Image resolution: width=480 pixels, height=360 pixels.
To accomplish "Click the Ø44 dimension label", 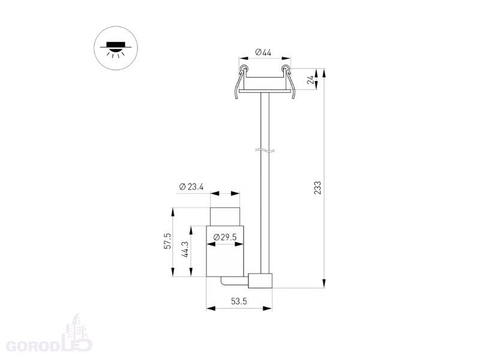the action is [x=263, y=52].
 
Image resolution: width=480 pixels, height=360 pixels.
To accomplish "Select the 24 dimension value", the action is [x=311, y=80].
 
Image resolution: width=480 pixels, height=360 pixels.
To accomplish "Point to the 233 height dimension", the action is [x=318, y=188].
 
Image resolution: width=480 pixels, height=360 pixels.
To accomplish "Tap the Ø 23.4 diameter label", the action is [x=191, y=187].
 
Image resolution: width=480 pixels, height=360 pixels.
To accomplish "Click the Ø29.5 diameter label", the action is [x=225, y=237].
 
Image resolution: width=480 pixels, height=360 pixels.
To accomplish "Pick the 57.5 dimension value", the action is [x=167, y=241].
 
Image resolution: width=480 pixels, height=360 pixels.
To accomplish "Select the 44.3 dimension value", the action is [x=185, y=249].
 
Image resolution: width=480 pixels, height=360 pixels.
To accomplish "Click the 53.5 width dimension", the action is [x=239, y=301].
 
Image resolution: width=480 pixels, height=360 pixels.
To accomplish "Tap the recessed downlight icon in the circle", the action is [x=116, y=49].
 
